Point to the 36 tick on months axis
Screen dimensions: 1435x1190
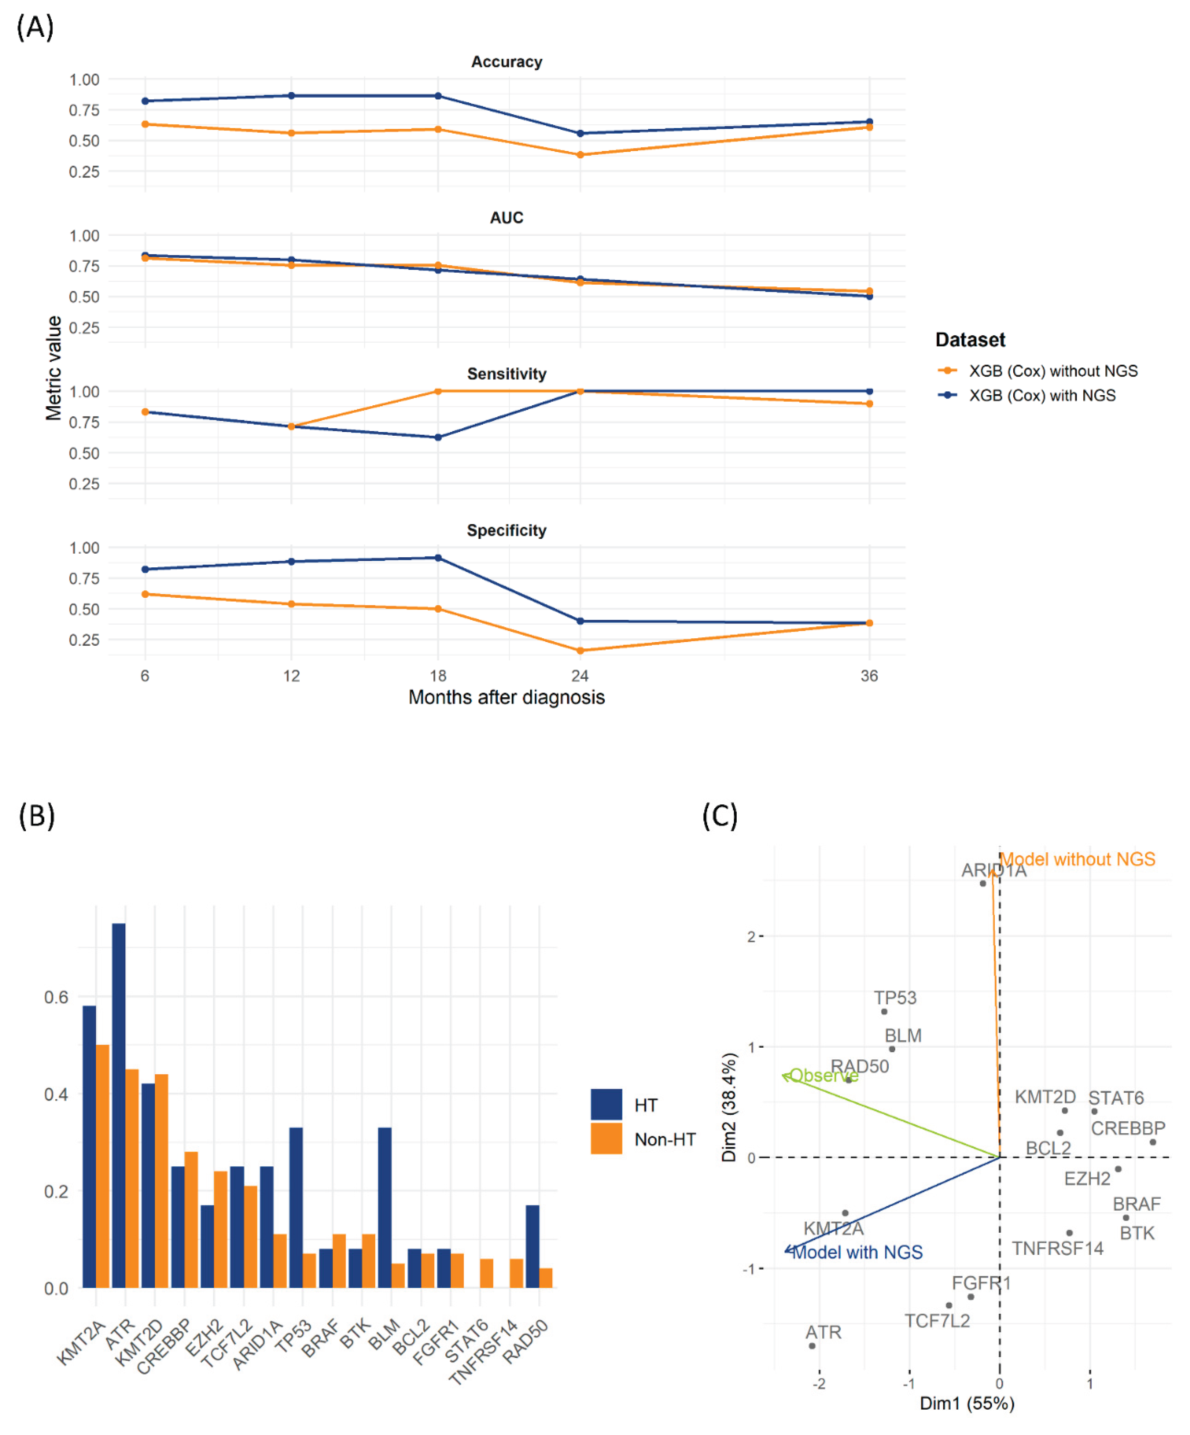point(869,676)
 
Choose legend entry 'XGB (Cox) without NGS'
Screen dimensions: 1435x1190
point(1053,371)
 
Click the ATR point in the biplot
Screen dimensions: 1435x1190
point(812,1346)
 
